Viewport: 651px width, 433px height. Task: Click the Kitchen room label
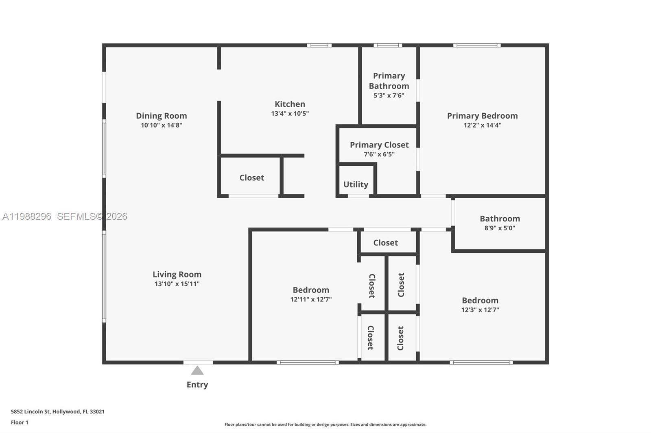coord(290,104)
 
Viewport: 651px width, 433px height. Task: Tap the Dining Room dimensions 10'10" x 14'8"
coord(161,125)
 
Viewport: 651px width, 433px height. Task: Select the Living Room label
coord(177,274)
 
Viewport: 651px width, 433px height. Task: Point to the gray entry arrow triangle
coord(197,370)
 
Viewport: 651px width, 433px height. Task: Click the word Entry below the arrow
coord(197,384)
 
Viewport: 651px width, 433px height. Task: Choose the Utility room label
coord(356,184)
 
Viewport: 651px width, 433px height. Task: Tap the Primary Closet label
coord(379,145)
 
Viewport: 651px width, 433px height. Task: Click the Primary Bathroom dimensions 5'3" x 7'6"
coord(389,95)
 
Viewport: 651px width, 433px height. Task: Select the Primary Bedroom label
coord(482,116)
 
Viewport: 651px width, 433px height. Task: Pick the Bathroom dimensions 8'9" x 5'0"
coord(500,228)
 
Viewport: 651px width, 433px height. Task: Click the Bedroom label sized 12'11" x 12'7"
coord(311,290)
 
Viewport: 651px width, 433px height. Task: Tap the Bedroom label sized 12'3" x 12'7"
coord(480,300)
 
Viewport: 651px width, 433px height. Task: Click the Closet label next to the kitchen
coord(251,178)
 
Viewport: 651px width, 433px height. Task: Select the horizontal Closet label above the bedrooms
coord(385,242)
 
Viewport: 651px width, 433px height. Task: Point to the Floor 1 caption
coord(20,422)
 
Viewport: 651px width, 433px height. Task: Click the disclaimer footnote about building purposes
coord(325,424)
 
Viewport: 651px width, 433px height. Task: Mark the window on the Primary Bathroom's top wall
coord(388,45)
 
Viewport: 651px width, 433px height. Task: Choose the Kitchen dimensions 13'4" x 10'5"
coord(290,114)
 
